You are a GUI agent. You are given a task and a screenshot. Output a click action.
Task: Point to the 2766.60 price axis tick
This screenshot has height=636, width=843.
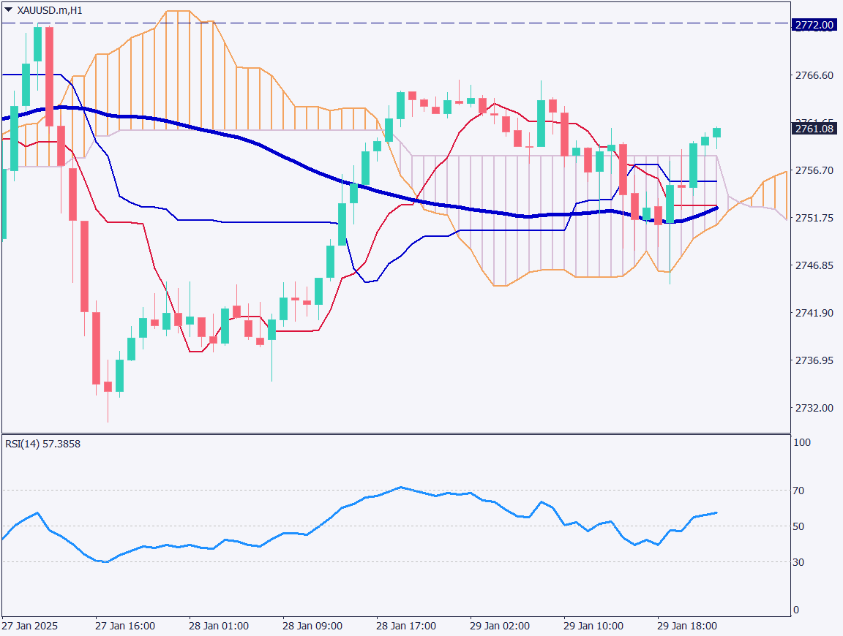(x=814, y=75)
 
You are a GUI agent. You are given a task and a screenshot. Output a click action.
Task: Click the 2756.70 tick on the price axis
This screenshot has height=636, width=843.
(x=814, y=170)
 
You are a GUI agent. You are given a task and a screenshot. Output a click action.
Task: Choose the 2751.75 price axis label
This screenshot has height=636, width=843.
(x=814, y=218)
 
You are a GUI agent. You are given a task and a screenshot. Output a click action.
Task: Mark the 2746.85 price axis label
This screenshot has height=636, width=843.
(x=814, y=265)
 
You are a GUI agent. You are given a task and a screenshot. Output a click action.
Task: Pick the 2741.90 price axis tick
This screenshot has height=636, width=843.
(x=814, y=313)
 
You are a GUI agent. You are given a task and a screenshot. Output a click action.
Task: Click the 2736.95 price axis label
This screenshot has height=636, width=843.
(x=814, y=360)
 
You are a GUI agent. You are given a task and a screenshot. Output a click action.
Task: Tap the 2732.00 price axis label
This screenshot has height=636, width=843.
(x=814, y=408)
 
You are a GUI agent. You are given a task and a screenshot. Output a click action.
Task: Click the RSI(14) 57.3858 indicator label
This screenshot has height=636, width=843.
(x=42, y=444)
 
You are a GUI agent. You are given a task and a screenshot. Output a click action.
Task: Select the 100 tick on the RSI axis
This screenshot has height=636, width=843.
(x=803, y=442)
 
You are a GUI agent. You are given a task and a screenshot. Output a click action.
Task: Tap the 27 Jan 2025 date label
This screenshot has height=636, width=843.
(x=29, y=626)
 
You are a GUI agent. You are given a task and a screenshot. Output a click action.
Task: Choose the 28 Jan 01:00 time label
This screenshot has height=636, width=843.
(x=219, y=626)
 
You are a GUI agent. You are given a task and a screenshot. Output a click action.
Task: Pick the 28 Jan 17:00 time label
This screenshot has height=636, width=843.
(x=406, y=626)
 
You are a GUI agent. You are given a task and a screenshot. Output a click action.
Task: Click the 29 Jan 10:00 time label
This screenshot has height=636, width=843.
(x=593, y=626)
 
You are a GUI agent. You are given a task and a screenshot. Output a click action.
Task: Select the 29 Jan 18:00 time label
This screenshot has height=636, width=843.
(x=687, y=626)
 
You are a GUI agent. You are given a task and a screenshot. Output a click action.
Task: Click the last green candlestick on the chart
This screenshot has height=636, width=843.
(x=716, y=132)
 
